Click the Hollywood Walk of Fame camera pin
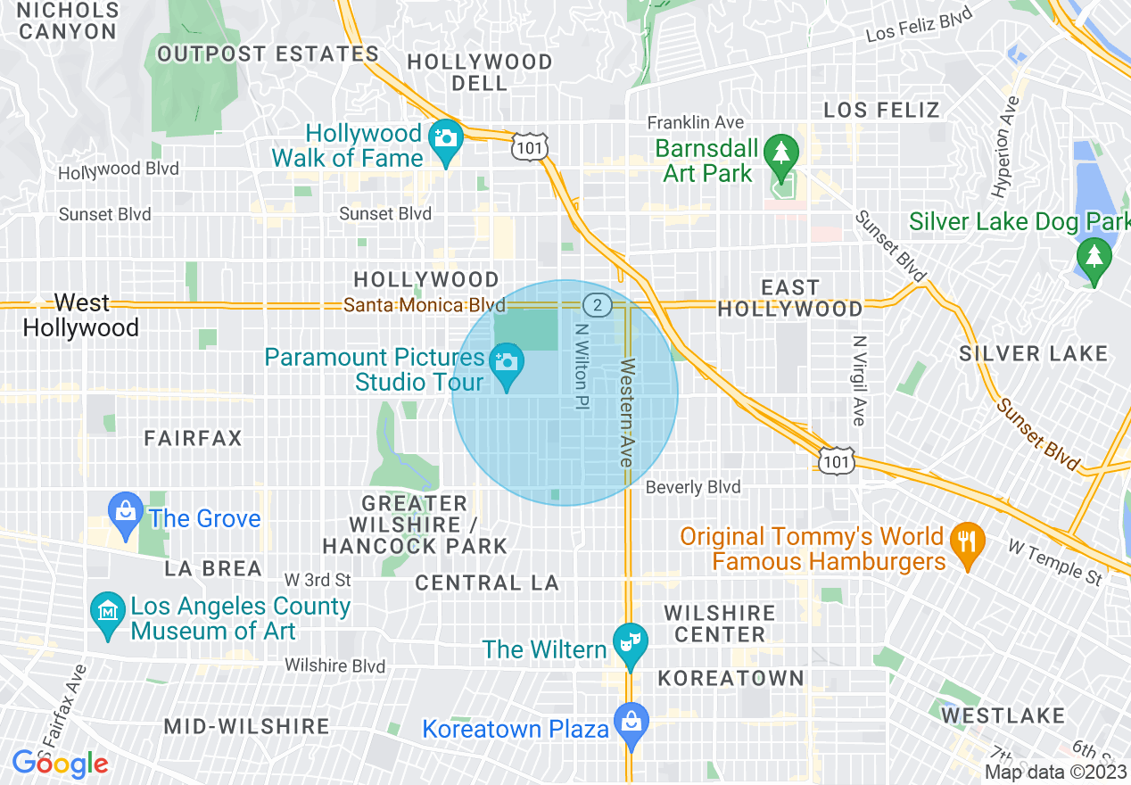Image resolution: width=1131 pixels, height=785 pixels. (x=445, y=140)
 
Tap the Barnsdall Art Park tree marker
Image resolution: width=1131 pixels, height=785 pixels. (x=781, y=152)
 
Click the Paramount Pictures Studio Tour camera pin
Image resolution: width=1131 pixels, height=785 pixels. (x=507, y=363)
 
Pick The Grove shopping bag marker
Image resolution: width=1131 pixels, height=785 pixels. (x=126, y=512)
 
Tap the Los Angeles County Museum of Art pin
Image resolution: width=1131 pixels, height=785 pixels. (x=108, y=613)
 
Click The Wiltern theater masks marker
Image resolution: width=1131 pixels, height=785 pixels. (x=631, y=643)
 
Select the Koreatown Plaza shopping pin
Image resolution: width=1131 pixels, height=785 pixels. (x=631, y=722)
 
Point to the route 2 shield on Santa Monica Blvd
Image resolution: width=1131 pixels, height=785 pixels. (x=598, y=305)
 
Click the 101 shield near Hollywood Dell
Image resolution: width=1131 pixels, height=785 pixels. (x=530, y=147)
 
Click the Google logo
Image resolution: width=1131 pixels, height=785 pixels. (x=60, y=764)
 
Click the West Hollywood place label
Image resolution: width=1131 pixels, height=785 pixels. (x=80, y=315)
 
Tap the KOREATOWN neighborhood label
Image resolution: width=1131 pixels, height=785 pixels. (x=731, y=678)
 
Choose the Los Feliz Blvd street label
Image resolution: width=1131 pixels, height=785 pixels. (x=919, y=27)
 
